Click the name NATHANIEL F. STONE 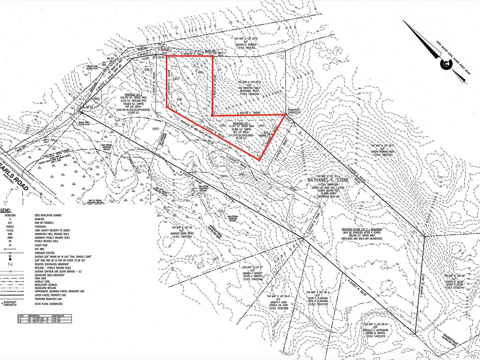click(x=328, y=180)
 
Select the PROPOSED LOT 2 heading click(x=133, y=94)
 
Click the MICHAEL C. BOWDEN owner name click(x=246, y=44)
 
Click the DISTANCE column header click(x=58, y=316)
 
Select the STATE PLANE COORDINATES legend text click(x=48, y=304)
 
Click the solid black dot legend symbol click(x=10, y=259)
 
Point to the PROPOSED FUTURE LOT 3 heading click(x=362, y=229)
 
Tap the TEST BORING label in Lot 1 click(x=262, y=134)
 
